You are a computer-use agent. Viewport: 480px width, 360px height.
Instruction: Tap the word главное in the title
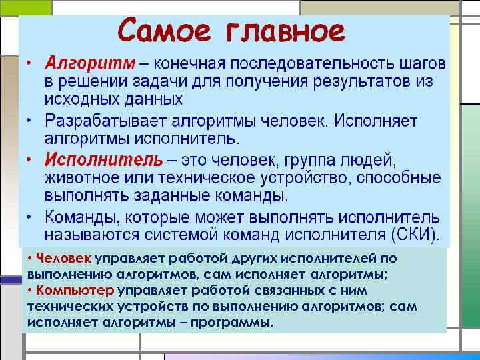[x=286, y=31]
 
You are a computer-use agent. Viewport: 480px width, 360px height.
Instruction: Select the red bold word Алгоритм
[x=90, y=64]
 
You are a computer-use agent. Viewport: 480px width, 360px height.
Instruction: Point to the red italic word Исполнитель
[x=103, y=161]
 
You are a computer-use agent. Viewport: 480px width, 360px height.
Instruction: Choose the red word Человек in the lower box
[x=64, y=259]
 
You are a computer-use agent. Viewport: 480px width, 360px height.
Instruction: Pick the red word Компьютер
[x=75, y=291]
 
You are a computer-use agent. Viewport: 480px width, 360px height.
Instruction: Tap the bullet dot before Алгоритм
[x=30, y=64]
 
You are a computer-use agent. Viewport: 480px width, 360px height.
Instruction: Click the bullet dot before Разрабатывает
[x=30, y=121]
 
